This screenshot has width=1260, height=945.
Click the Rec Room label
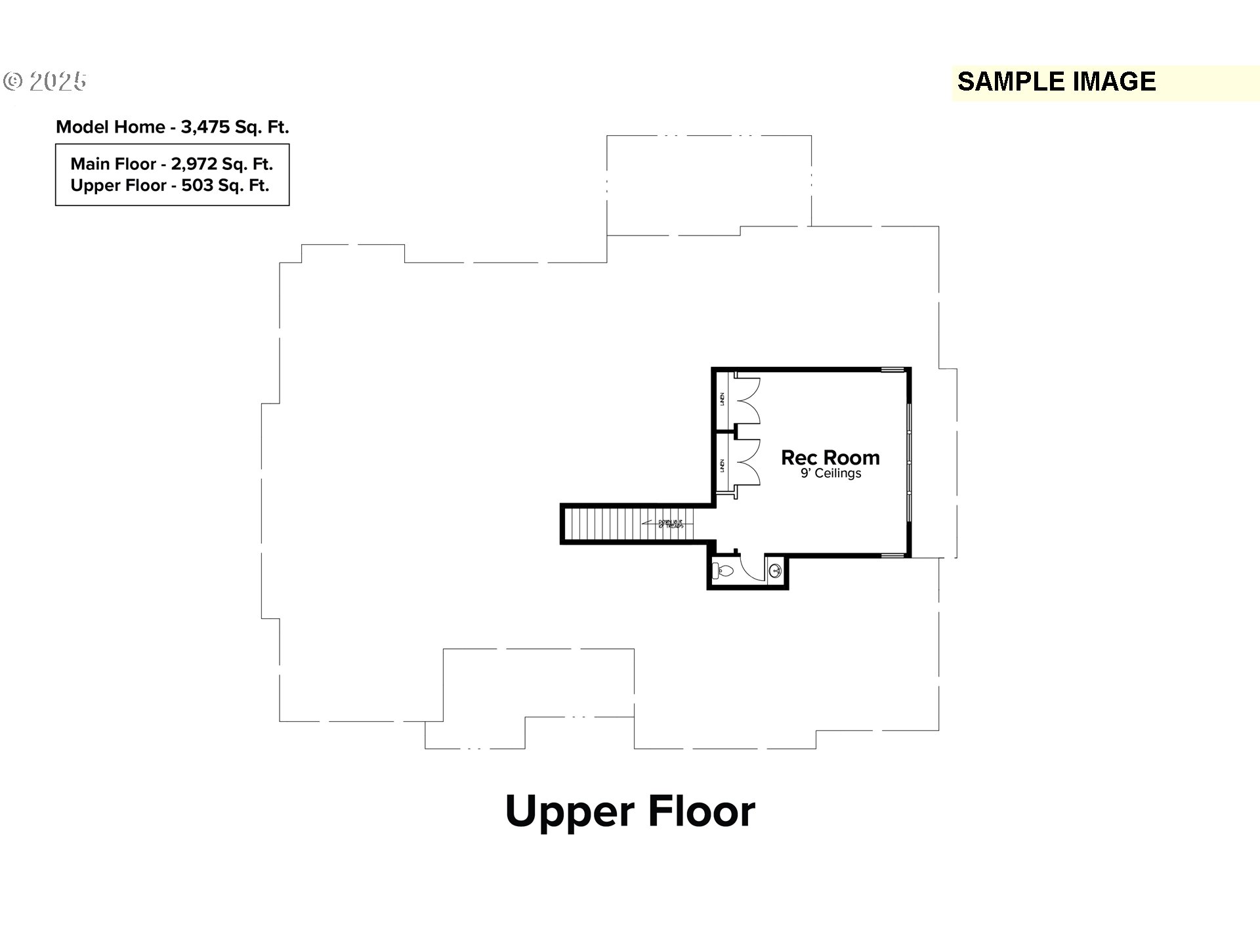pyautogui.click(x=829, y=457)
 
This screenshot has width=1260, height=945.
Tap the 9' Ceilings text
pyautogui.click(x=830, y=473)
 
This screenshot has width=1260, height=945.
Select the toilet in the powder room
pyautogui.click(x=723, y=571)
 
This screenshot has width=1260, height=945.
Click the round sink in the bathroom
pyautogui.click(x=776, y=571)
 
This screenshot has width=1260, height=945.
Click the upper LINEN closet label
pyautogui.click(x=723, y=400)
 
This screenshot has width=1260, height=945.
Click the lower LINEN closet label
pyautogui.click(x=723, y=465)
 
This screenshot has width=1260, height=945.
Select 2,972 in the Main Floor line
pyautogui.click(x=194, y=164)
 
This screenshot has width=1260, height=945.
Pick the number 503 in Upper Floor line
pyautogui.click(x=198, y=186)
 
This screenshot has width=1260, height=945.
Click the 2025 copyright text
pyautogui.click(x=58, y=81)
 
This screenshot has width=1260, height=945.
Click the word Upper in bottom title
pyautogui.click(x=570, y=812)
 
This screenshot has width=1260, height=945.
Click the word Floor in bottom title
pyautogui.click(x=702, y=812)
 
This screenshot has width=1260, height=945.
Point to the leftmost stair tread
pyautogui.click(x=570, y=524)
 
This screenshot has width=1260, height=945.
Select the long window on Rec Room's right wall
pyautogui.click(x=909, y=463)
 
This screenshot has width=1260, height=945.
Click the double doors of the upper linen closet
pyautogui.click(x=748, y=400)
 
